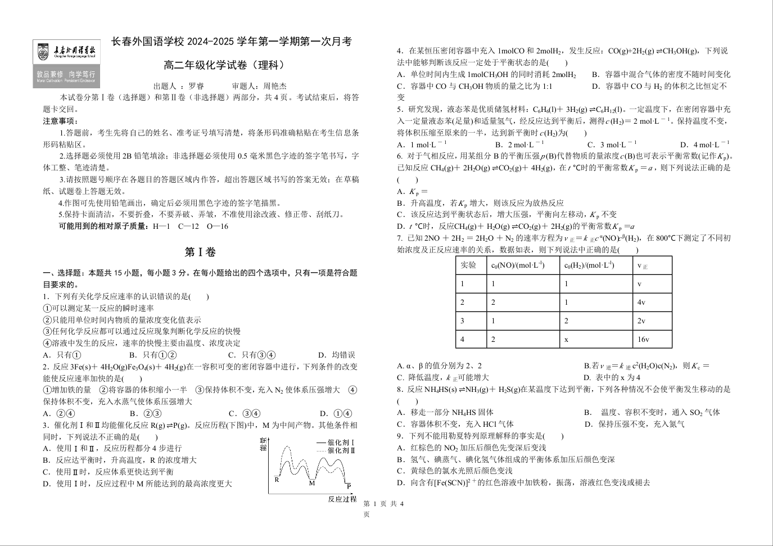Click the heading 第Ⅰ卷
(201, 252)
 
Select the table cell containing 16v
(652, 339)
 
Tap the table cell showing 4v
(652, 303)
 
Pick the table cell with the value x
(596, 339)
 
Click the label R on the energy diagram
(277, 480)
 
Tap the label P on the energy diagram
(349, 486)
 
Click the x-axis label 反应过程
(342, 499)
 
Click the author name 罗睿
(196, 86)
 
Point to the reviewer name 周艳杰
(275, 86)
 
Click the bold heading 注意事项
(60, 121)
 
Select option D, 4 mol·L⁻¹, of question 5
(705, 145)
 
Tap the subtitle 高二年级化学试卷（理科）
(224, 65)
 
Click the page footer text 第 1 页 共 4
(384, 504)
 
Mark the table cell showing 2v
(652, 321)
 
